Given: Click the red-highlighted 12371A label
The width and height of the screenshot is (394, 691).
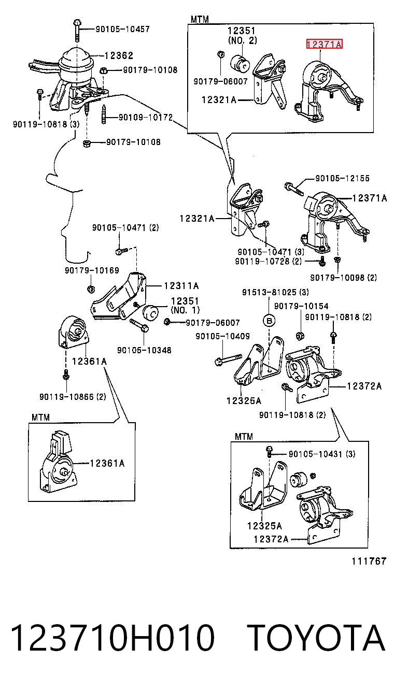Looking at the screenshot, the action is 324,45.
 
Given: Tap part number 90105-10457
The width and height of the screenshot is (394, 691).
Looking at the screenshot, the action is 122,29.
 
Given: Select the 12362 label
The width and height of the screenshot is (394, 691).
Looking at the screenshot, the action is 119,55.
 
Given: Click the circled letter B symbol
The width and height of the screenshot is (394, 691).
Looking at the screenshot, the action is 269,321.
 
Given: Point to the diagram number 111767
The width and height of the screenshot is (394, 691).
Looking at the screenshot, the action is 369,561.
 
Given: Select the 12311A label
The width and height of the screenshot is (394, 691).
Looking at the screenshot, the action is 181,286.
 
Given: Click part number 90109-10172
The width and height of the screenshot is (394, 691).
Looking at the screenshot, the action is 146,117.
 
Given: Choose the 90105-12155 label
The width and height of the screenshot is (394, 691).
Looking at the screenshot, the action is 343,178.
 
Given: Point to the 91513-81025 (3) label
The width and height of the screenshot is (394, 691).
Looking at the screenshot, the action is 275,292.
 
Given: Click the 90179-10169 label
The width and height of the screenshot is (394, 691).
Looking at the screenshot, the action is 92,270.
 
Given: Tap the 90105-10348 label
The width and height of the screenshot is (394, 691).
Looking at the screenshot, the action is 144,350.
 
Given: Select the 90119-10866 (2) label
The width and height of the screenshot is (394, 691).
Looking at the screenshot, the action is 73,397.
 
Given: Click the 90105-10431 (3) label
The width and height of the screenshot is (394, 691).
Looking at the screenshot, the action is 322,454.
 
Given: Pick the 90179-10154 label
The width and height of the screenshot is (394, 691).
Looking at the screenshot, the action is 301,306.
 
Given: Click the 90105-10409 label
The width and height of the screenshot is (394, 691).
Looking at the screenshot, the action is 222,336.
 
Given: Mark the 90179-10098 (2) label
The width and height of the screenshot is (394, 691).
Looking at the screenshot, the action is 344,278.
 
